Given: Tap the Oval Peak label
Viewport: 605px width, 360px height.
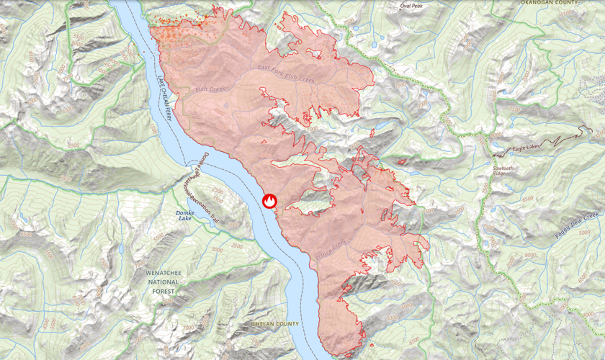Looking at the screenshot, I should click(x=412, y=6).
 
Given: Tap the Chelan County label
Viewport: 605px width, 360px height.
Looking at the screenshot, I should click(x=274, y=325).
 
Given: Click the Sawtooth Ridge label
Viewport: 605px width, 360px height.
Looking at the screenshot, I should click(x=503, y=171).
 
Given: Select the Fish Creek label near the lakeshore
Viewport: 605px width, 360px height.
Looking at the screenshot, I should click(x=210, y=91).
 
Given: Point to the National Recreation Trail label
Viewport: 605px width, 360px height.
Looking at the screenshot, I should click(x=203, y=202).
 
